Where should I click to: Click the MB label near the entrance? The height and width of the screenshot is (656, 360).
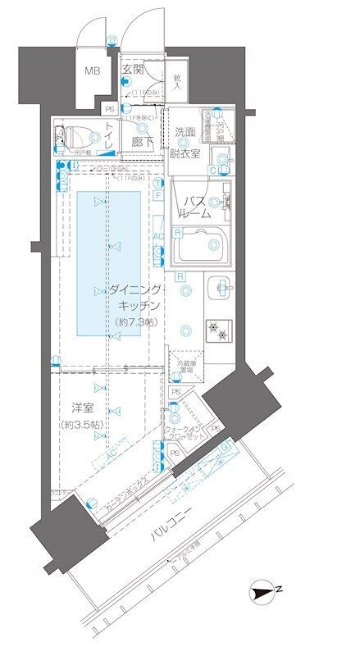[93, 71]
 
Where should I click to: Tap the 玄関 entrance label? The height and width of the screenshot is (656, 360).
[133, 71]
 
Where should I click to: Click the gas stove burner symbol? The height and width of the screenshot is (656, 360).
[216, 330]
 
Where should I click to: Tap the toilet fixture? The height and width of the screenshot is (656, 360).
[75, 137]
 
